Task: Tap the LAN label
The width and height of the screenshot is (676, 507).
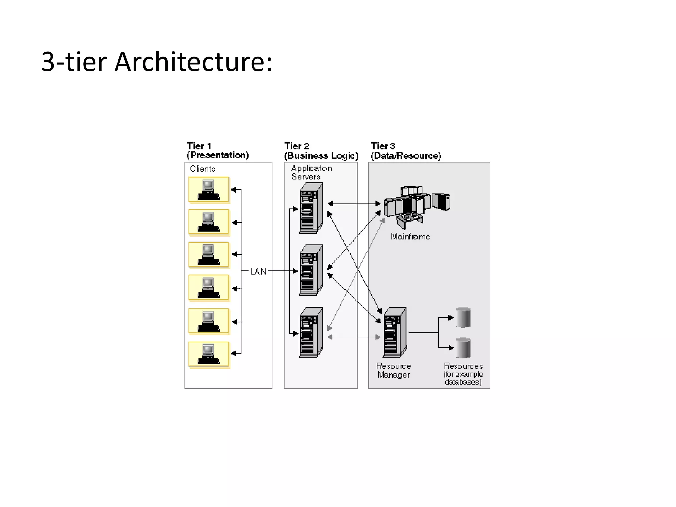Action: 258,271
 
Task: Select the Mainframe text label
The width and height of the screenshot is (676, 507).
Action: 410,237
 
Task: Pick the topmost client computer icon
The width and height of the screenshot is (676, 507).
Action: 209,189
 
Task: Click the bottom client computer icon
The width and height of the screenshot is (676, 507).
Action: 209,354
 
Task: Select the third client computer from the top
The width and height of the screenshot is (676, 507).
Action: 209,254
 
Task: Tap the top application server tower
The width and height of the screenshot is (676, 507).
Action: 311,208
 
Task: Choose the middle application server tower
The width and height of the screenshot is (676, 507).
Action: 311,270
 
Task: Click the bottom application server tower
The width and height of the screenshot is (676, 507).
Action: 311,332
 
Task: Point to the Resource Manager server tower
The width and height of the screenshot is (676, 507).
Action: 395,332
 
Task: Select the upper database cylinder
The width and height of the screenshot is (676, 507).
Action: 463,318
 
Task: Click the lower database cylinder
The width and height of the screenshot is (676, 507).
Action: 463,348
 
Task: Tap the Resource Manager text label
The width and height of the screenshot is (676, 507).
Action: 393,370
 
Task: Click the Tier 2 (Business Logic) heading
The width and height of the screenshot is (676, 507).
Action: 321,151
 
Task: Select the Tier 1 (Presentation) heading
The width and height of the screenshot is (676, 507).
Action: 218,151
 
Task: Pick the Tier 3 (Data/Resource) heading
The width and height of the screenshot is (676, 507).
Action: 406,151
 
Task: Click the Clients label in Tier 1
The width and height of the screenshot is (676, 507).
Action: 202,169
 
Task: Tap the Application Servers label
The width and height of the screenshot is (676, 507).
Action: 311,172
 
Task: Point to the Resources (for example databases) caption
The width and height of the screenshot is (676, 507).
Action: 463,374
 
